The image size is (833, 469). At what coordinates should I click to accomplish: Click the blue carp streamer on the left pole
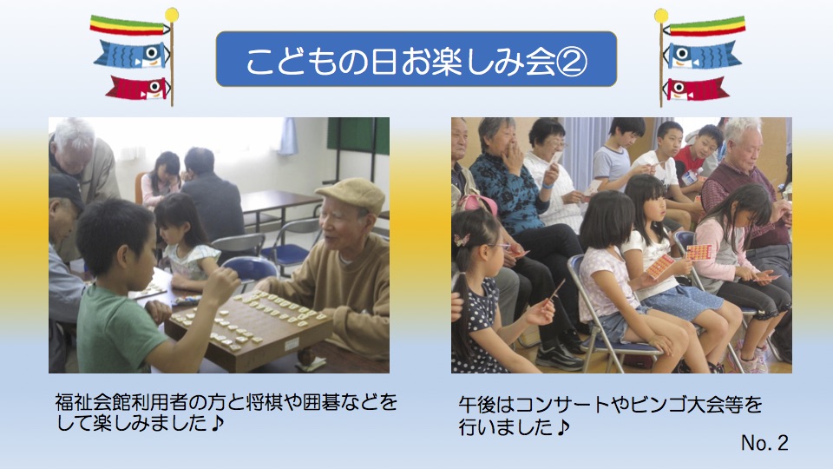pos(132,54)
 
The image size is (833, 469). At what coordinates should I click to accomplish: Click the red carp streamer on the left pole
pos(138,88)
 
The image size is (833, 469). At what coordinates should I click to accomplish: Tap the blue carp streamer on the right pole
pos(702,55)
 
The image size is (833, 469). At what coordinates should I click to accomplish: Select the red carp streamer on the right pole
pos(695,89)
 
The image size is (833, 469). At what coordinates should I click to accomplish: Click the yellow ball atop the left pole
pos(172,15)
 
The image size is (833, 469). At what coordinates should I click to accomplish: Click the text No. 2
pos(764,442)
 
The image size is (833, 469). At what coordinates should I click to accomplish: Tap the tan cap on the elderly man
pos(351,194)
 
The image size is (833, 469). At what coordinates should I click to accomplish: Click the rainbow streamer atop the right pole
pos(706,26)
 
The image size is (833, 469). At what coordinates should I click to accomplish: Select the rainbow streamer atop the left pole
pos(129,25)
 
